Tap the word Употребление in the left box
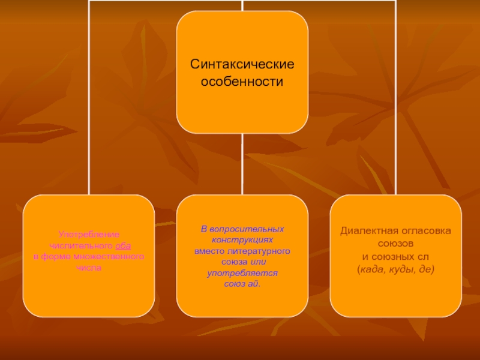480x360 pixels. pyautogui.click(x=89, y=234)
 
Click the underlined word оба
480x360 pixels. pyautogui.click(x=122, y=245)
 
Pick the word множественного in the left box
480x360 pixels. pyautogui.click(x=113, y=256)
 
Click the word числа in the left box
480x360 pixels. pyautogui.click(x=89, y=267)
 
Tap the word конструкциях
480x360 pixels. pyautogui.click(x=242, y=239)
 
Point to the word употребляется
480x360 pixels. pyautogui.click(x=242, y=272)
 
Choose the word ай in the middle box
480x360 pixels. pyautogui.click(x=252, y=283)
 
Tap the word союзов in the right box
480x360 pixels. pyautogui.click(x=395, y=244)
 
